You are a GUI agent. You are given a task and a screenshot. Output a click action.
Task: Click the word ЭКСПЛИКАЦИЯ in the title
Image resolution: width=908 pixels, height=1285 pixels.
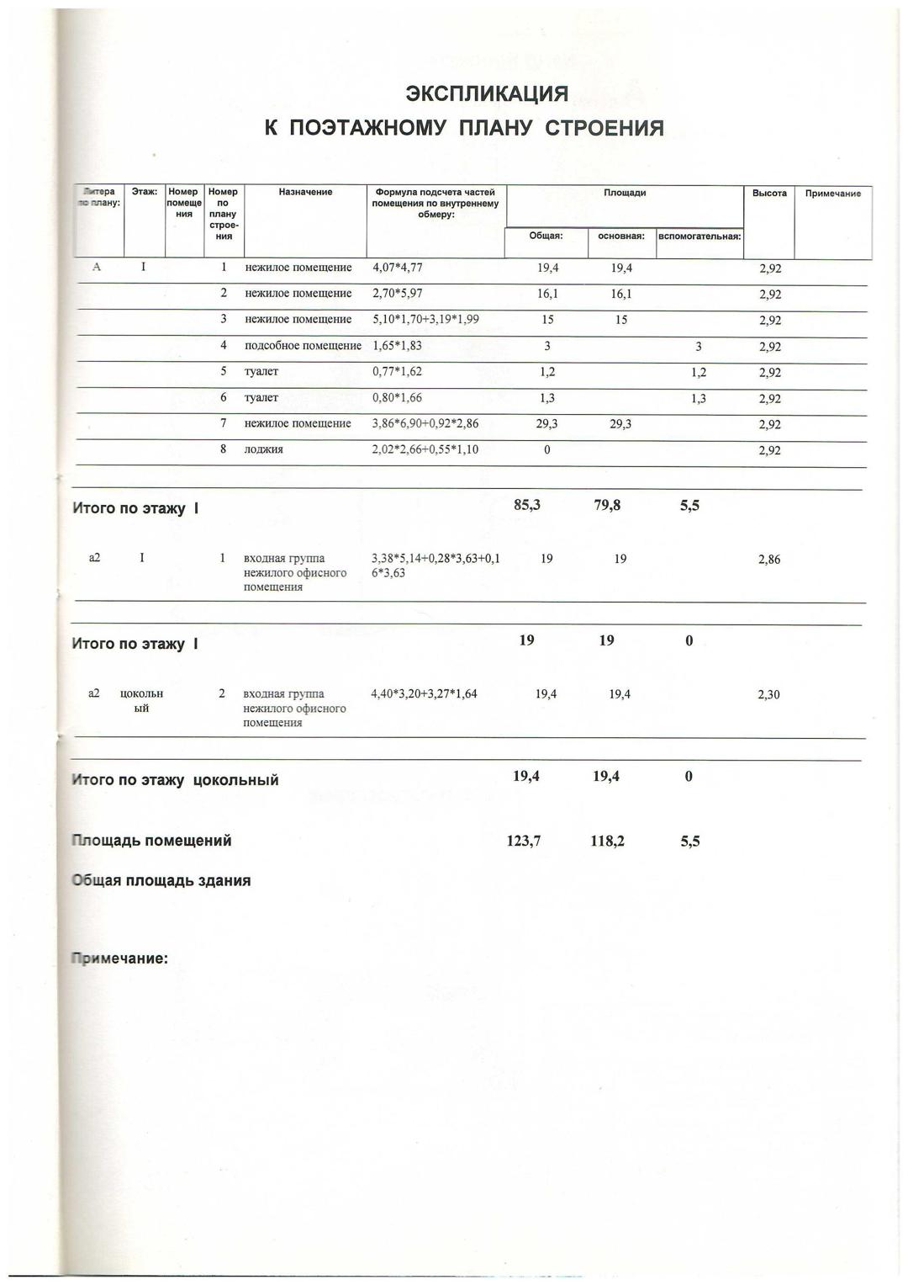coord(487,93)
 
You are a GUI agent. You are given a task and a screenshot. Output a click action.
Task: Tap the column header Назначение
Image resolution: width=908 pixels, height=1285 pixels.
coord(305,193)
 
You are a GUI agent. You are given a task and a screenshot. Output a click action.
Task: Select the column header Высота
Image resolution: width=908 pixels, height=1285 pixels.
coord(769,194)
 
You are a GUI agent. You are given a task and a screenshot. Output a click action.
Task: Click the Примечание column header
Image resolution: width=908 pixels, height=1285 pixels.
coord(832,194)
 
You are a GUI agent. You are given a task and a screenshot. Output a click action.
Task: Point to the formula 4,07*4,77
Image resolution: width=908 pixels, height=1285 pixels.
coord(398,268)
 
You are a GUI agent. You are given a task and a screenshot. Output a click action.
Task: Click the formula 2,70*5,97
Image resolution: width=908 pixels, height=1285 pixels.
coord(398,294)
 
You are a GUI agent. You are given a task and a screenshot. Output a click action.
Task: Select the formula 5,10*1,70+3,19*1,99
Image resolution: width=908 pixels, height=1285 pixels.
coord(426,320)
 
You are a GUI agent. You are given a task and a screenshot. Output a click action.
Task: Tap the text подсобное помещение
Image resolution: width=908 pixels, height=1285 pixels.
coord(303,346)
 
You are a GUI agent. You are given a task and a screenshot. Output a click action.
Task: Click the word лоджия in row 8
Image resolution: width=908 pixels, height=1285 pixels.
coord(263,449)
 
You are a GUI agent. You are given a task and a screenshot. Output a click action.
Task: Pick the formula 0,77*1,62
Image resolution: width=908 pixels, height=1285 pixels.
coord(398,371)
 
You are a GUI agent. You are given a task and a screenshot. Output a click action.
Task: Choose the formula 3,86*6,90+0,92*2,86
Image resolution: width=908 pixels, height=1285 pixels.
coord(425,423)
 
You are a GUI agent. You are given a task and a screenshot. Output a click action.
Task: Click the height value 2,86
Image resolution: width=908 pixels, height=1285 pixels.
coord(768,560)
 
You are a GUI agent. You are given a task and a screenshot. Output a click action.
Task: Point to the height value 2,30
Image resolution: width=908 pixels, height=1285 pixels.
coord(768,695)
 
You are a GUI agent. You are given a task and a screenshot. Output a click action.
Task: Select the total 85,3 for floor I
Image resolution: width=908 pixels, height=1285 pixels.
coord(526,506)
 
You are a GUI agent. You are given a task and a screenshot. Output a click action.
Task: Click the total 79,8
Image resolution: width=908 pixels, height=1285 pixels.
coord(606,506)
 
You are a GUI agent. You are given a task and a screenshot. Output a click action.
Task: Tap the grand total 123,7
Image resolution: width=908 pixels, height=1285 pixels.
coord(524,841)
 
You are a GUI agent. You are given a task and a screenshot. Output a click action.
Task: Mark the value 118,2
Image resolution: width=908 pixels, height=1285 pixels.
coord(608,841)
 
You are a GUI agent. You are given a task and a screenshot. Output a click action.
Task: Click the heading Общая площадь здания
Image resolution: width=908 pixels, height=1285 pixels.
coord(161,881)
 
